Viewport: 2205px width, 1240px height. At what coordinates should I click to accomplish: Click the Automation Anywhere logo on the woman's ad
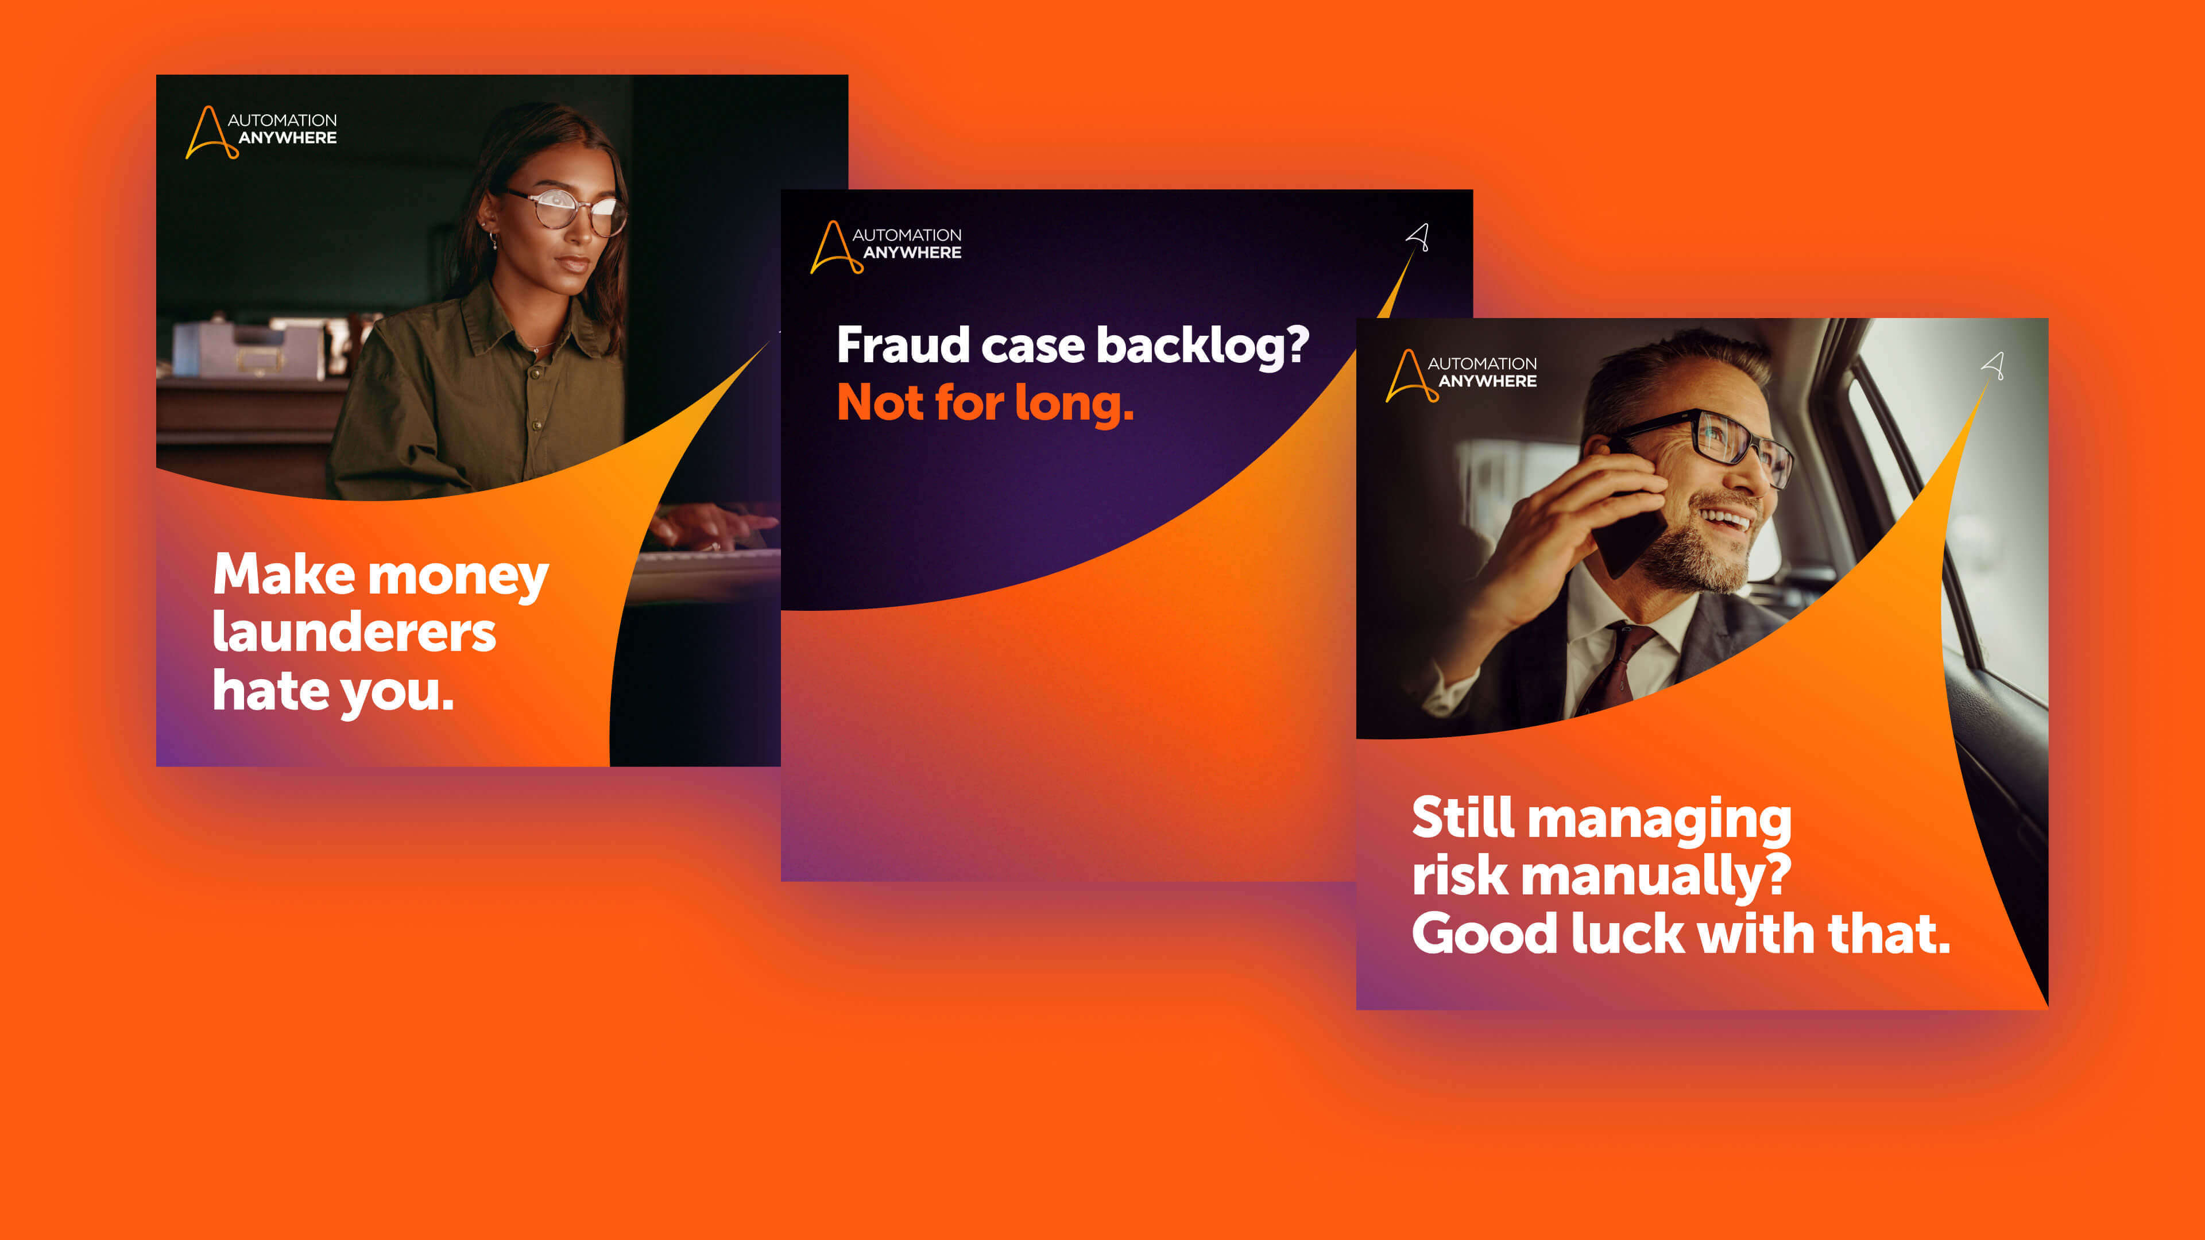[261, 131]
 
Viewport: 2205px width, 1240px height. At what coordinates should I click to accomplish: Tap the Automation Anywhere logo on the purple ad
[886, 246]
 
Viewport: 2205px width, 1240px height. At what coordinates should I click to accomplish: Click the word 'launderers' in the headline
[354, 633]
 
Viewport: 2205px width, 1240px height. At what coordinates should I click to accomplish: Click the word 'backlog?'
[1202, 346]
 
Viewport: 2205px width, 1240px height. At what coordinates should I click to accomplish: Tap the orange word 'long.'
[1074, 403]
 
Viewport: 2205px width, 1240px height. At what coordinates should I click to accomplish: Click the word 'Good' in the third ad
[1483, 933]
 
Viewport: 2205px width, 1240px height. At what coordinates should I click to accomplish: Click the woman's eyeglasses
[569, 210]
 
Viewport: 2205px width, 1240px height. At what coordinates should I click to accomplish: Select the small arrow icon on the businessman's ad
[1994, 366]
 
